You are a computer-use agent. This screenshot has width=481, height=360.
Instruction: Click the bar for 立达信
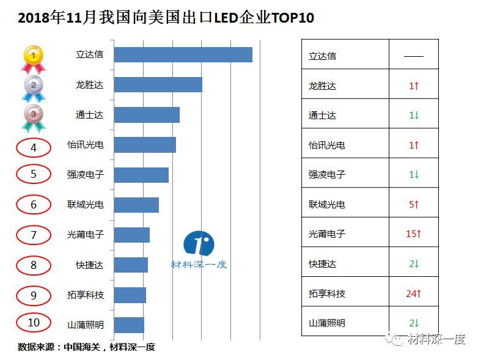[183, 54]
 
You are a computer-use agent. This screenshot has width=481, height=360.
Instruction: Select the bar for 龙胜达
[158, 84]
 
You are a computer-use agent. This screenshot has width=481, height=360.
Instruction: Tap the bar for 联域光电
[136, 205]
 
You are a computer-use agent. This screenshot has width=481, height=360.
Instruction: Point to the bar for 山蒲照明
[129, 325]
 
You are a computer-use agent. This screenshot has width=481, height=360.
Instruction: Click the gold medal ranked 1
[33, 59]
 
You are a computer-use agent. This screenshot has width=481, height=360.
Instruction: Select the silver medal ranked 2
[33, 88]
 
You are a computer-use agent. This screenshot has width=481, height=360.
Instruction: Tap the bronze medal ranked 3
[33, 117]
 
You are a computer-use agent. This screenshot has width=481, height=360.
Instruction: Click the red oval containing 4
[34, 147]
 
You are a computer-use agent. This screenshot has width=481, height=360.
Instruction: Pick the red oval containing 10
[34, 323]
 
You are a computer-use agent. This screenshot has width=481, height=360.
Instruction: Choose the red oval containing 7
[34, 235]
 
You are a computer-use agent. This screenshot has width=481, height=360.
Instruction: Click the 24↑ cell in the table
[414, 294]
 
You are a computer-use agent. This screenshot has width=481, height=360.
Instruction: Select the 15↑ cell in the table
[414, 234]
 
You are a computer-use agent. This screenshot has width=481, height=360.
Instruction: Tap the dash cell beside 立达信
[414, 56]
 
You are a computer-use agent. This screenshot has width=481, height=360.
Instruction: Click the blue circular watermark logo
[199, 244]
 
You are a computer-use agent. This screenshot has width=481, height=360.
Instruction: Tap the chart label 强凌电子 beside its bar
[86, 175]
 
